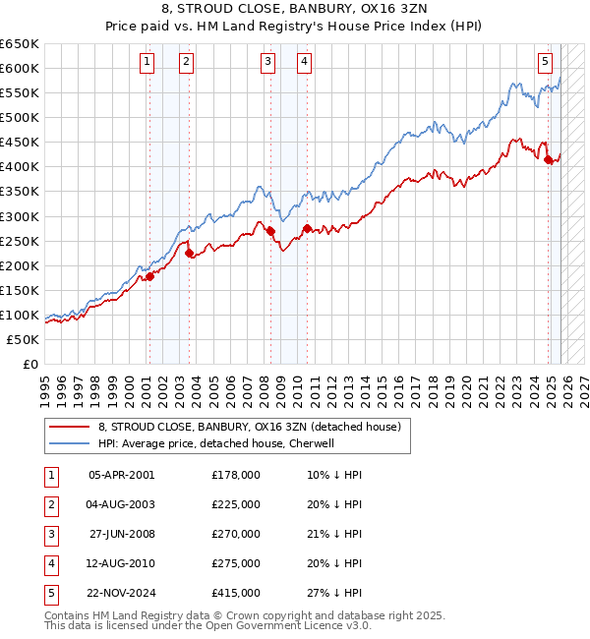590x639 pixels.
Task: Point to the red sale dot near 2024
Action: [x=549, y=160]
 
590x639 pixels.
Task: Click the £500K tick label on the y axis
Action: [x=20, y=118]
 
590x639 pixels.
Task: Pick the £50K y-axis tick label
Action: [x=23, y=339]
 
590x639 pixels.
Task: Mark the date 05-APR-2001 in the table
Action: [x=121, y=475]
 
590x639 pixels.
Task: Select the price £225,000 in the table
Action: [x=235, y=504]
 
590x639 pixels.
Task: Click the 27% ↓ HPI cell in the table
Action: [x=334, y=593]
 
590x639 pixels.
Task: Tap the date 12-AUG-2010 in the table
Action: [x=121, y=563]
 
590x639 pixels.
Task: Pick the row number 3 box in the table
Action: [x=49, y=534]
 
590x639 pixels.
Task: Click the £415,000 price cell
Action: [x=235, y=593]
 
